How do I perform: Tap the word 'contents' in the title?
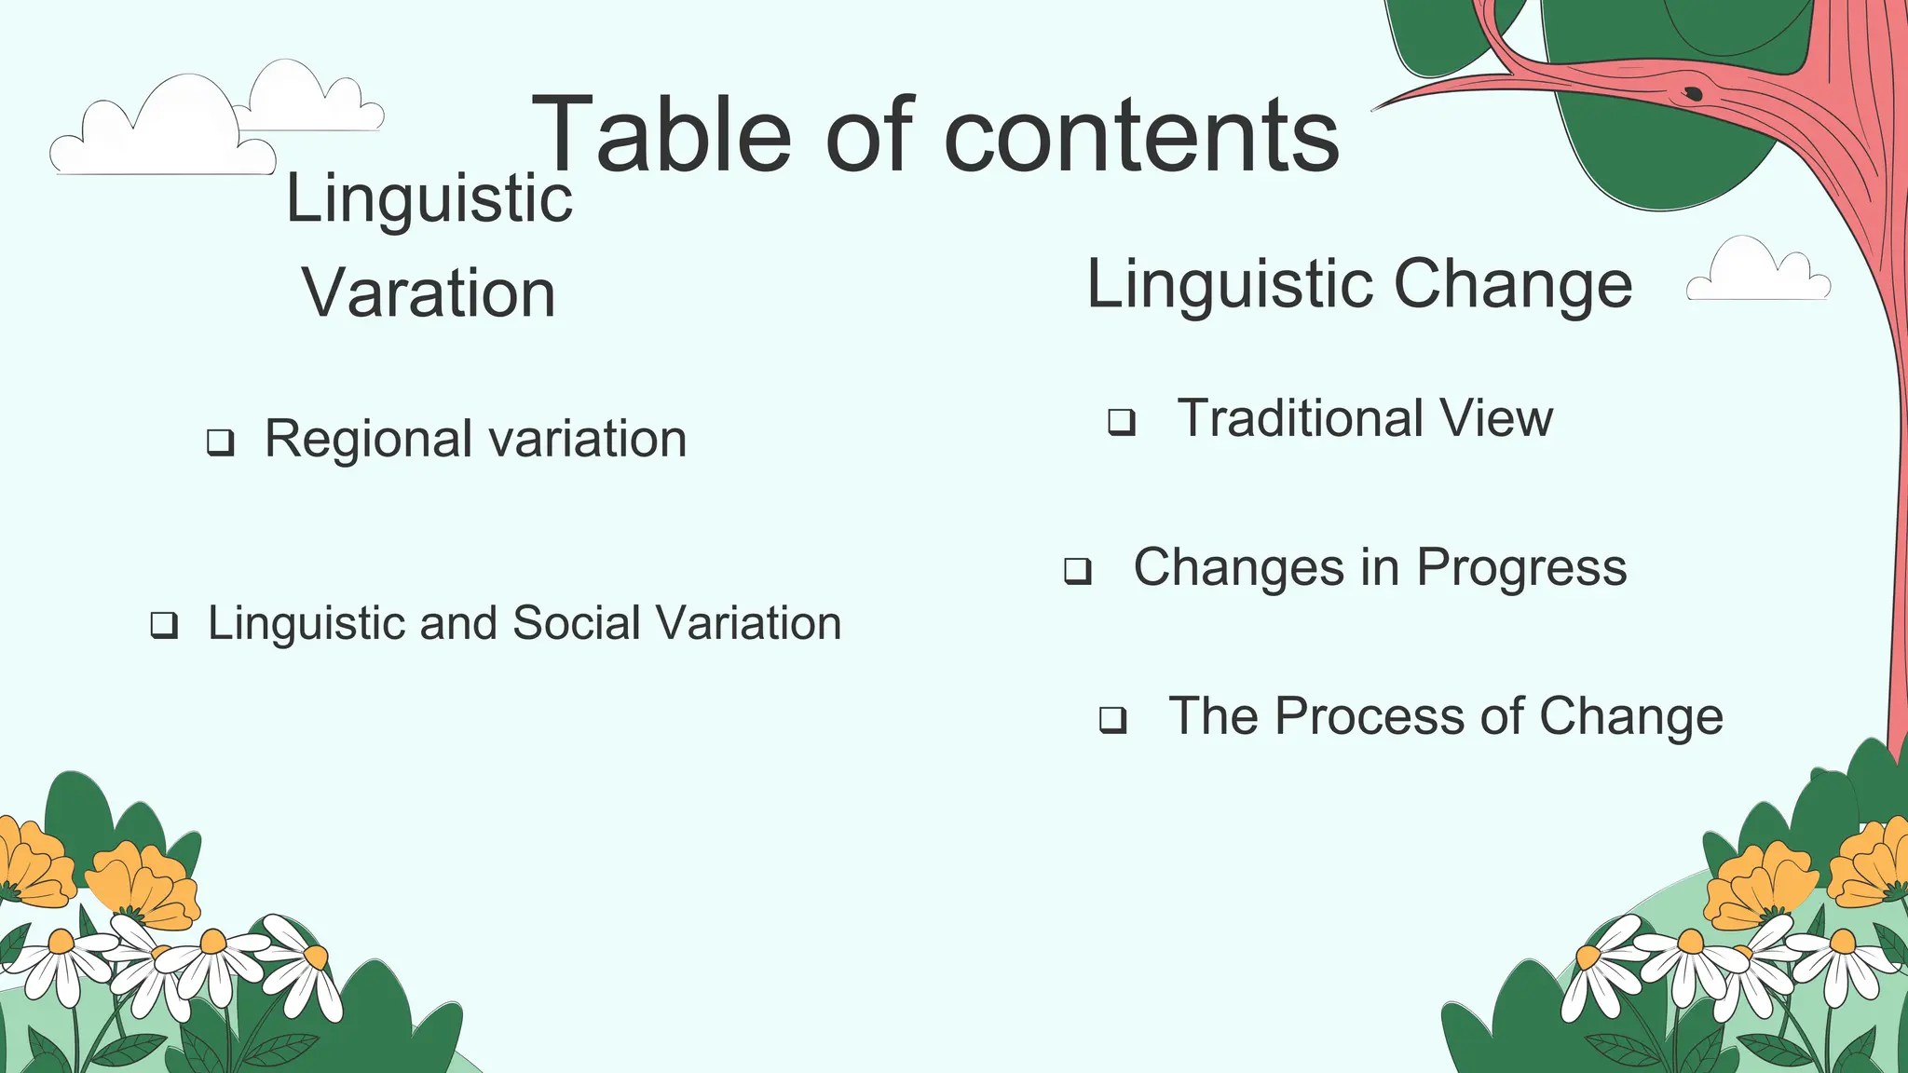tap(1141, 137)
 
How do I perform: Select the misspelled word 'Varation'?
tap(429, 293)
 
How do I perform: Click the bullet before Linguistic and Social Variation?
tap(165, 625)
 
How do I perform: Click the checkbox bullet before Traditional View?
tap(1122, 422)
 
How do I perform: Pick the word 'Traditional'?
tap(1301, 418)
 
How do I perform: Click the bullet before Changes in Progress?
tap(1078, 570)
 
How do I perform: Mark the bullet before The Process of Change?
tap(1113, 720)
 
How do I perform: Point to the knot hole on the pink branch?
tap(1693, 93)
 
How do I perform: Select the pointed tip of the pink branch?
tap(1377, 109)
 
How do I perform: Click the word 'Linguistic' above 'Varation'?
tap(429, 198)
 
